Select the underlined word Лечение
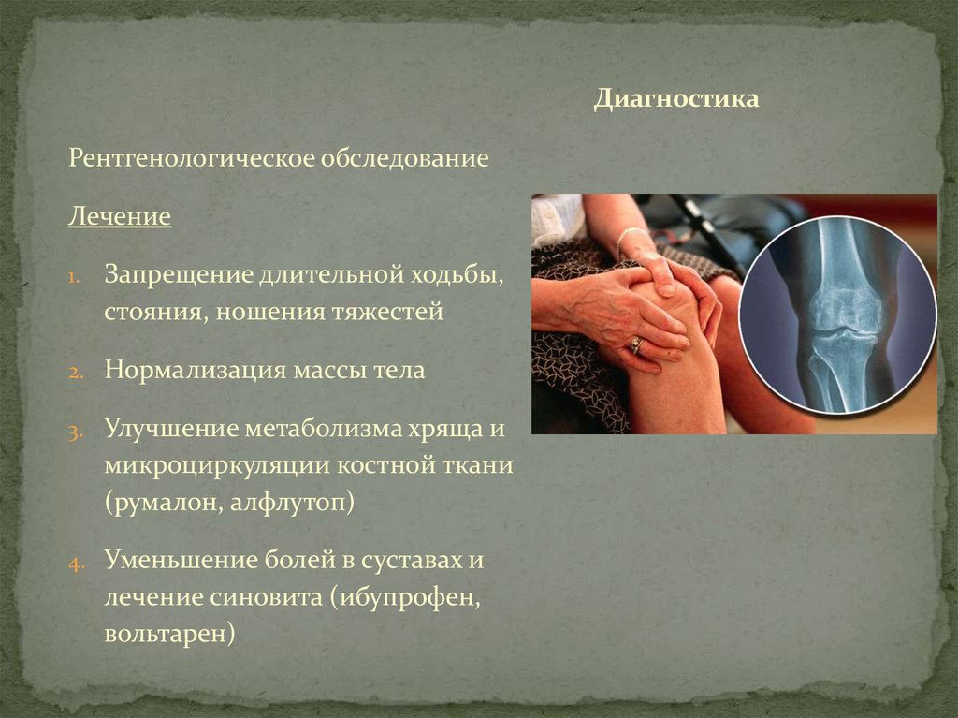[x=119, y=217]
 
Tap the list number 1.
[x=74, y=278]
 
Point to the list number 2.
[x=75, y=371]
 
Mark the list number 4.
[x=75, y=564]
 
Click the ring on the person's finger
[x=636, y=344]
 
